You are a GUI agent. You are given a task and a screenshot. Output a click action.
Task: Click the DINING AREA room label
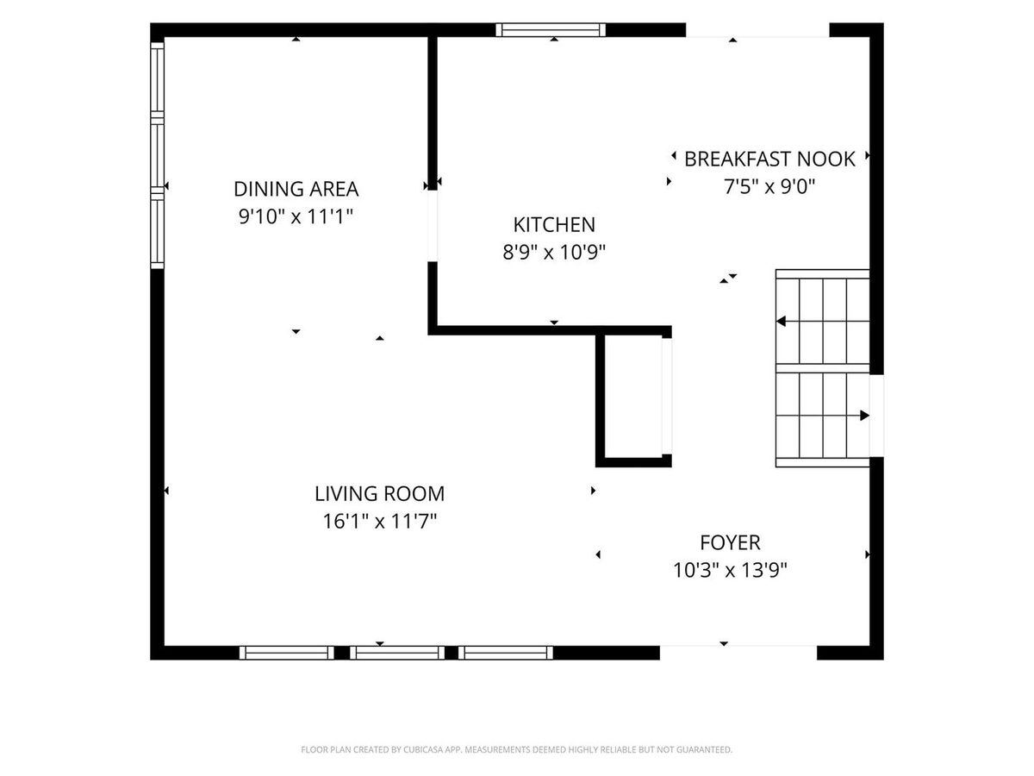(x=296, y=189)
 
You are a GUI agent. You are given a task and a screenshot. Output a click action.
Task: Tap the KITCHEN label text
(x=554, y=225)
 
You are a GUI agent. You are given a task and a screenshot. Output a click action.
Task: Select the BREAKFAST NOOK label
(x=769, y=160)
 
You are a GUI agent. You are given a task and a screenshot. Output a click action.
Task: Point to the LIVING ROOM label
(x=379, y=494)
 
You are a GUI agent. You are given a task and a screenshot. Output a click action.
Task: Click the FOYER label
(x=730, y=543)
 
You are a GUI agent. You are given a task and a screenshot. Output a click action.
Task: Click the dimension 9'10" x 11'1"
(x=296, y=216)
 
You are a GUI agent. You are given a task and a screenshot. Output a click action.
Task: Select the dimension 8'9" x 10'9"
(x=554, y=253)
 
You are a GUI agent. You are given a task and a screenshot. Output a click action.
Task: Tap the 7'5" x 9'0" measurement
(x=769, y=187)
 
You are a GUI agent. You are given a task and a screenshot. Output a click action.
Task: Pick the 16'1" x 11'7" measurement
(x=379, y=522)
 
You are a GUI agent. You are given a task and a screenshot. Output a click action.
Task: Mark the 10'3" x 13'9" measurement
(x=730, y=571)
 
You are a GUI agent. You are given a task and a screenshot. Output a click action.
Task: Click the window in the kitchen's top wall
(x=551, y=29)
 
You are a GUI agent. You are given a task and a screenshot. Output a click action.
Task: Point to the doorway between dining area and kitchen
(x=433, y=226)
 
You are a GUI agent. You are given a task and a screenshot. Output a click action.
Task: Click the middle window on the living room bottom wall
(x=397, y=653)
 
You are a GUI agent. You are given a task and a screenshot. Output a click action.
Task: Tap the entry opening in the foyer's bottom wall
(x=738, y=653)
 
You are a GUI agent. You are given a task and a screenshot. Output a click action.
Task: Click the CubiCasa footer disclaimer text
(x=517, y=749)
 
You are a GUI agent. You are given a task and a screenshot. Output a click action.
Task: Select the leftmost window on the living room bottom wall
(x=286, y=653)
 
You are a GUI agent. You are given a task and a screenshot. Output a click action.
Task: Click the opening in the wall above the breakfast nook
(x=757, y=29)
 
